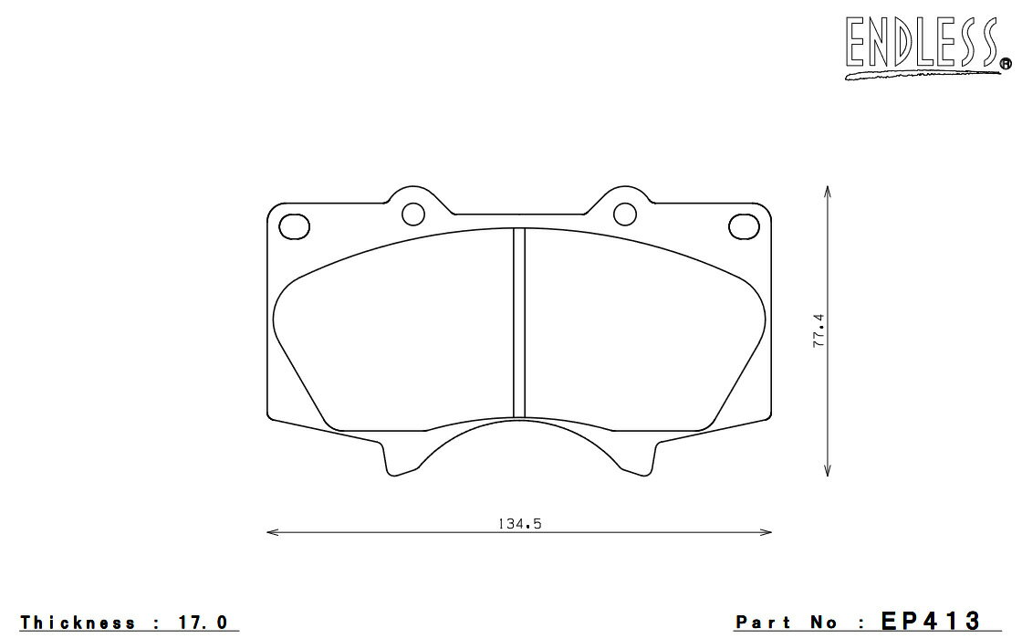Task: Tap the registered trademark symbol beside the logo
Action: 1006,64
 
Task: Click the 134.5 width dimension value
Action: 520,524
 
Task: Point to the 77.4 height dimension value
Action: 819,330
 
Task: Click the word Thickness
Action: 78,623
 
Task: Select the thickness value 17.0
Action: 203,623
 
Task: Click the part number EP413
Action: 931,621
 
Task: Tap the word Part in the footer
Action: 764,623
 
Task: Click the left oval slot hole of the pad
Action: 294,225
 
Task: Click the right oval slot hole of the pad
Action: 745,225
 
